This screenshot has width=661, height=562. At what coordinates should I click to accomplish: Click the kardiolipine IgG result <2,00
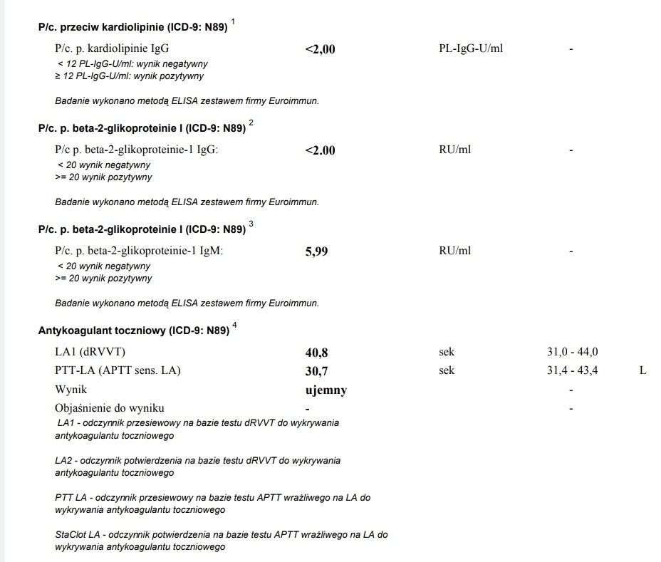pyautogui.click(x=320, y=49)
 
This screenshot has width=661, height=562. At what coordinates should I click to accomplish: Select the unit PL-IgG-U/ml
pyautogui.click(x=472, y=49)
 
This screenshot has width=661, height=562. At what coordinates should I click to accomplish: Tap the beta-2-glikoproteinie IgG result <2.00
pyautogui.click(x=320, y=150)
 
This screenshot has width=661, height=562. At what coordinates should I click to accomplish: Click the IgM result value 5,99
pyautogui.click(x=316, y=251)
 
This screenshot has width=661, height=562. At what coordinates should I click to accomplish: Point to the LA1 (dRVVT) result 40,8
pyautogui.click(x=316, y=353)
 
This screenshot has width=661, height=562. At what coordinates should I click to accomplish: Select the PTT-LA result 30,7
pyautogui.click(x=316, y=371)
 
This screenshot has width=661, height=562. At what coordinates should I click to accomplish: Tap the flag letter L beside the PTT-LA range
pyautogui.click(x=642, y=371)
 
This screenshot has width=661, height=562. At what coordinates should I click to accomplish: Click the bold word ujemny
pyautogui.click(x=326, y=390)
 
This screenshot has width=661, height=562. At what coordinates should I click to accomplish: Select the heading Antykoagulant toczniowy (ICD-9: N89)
pyautogui.click(x=134, y=331)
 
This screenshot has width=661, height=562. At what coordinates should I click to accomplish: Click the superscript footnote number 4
pyautogui.click(x=234, y=326)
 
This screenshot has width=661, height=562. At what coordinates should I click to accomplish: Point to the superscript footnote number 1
pyautogui.click(x=233, y=23)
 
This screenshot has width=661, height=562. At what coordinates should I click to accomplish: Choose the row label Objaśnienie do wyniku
pyautogui.click(x=109, y=408)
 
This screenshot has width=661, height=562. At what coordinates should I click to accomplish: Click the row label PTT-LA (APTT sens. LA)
pyautogui.click(x=118, y=371)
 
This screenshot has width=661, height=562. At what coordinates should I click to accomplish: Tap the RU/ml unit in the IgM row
pyautogui.click(x=455, y=251)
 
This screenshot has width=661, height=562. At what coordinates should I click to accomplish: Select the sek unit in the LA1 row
pyautogui.click(x=447, y=353)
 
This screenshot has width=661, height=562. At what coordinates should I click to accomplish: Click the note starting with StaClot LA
pyautogui.click(x=221, y=541)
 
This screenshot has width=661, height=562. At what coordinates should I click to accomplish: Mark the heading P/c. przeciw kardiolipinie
pyautogui.click(x=132, y=28)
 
